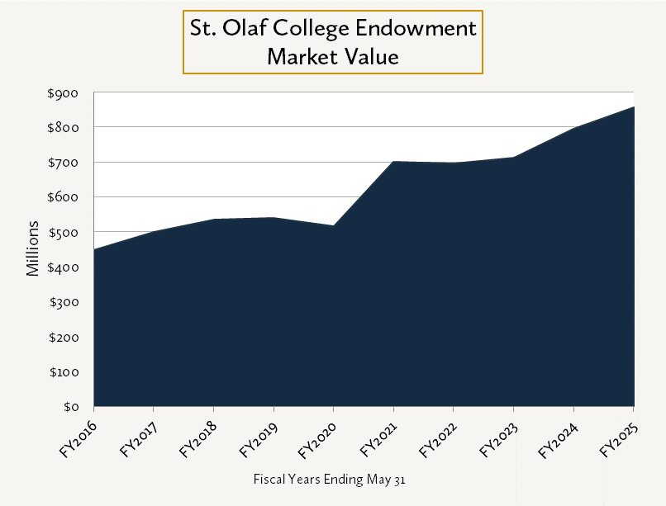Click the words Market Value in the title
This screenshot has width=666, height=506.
[332, 57]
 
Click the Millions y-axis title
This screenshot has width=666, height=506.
[33, 248]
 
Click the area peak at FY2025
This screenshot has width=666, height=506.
[633, 107]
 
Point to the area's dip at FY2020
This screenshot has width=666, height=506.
[334, 226]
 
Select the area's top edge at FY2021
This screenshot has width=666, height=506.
[394, 162]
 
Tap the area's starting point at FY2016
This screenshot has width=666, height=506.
[95, 249]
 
